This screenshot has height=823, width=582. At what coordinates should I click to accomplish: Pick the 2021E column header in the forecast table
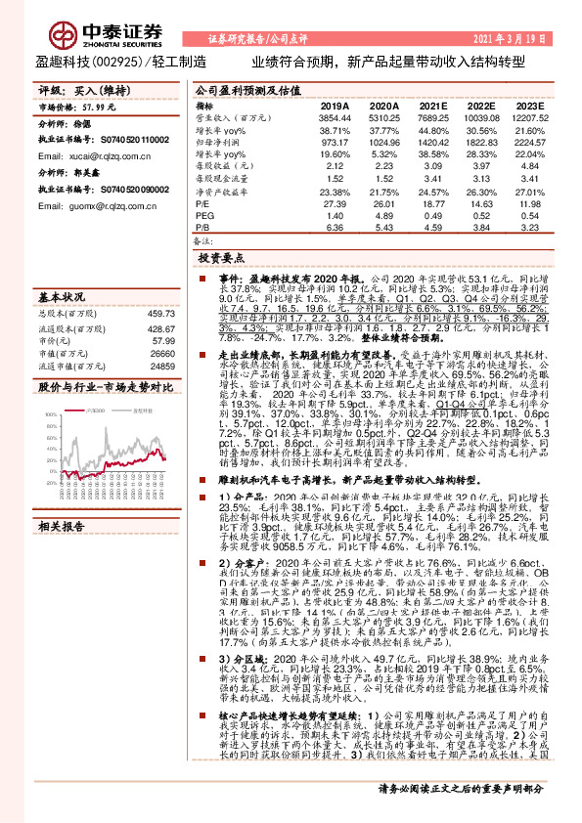432,105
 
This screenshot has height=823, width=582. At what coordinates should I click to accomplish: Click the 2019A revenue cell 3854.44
335,116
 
